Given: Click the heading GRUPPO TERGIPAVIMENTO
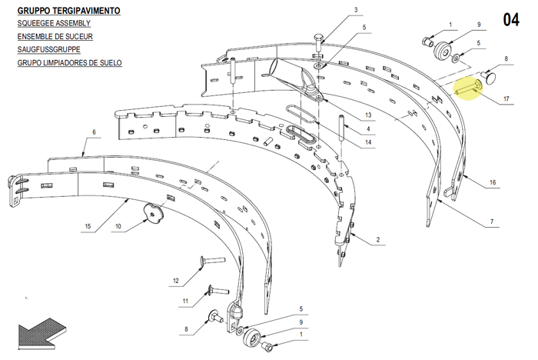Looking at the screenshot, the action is (68, 11).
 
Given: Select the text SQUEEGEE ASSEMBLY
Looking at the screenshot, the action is (54, 23).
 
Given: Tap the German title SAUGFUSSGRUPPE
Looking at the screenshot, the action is (48, 49).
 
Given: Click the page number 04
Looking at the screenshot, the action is (511, 19).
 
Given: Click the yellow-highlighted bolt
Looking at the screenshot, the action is (469, 87).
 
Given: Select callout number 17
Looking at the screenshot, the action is (506, 99).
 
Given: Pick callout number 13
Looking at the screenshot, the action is (368, 115).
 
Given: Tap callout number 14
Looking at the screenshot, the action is (368, 142).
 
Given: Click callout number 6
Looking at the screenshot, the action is (94, 132).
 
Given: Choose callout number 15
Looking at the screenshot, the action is (88, 226).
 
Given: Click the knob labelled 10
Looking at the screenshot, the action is (154, 212).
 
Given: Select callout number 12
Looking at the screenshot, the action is (176, 281).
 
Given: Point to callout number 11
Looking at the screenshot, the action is (185, 301).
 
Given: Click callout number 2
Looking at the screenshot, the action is (378, 239).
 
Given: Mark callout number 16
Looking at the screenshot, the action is (493, 182).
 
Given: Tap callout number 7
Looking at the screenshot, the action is (492, 222).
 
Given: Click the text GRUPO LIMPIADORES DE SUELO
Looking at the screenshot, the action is (70, 63).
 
